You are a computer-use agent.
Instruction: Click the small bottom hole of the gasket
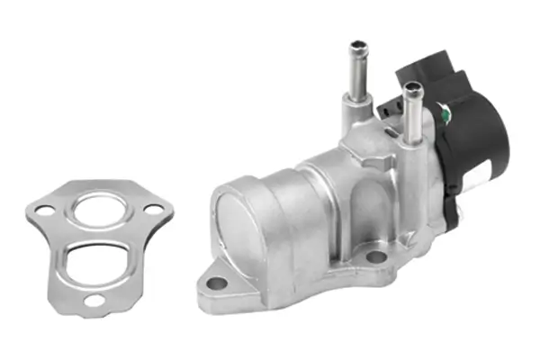pyautogui.click(x=92, y=301)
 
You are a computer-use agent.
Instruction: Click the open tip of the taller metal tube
pyautogui.click(x=359, y=44)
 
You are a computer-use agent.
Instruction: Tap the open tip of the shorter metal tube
pyautogui.click(x=413, y=88)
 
